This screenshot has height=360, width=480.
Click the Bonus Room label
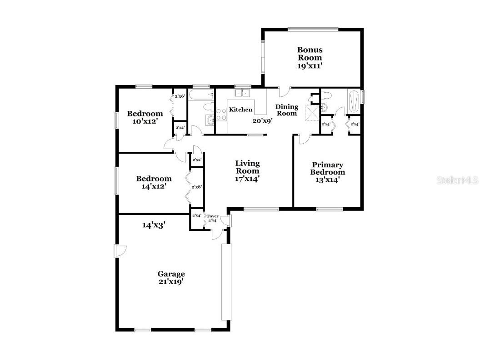[310, 54]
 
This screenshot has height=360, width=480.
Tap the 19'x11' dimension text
[310, 65]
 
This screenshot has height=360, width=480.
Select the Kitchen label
[240, 110]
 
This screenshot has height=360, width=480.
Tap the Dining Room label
[287, 110]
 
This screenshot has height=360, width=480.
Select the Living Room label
[247, 167]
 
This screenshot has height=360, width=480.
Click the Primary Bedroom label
[327, 168]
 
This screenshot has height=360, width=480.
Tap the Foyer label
[212, 216]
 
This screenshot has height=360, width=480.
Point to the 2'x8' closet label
[196, 187]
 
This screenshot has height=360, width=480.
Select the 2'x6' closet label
[180, 96]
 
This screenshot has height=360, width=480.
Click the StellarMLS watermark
[457, 180]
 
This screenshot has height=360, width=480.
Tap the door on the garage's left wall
[120, 251]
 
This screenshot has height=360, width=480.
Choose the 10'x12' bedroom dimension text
[145, 121]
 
